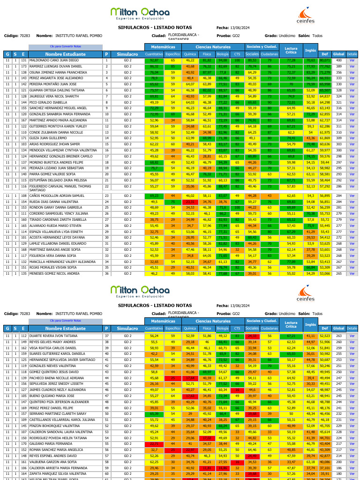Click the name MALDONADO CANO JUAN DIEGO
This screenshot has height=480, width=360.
(54, 60)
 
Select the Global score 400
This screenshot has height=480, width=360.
(338, 60)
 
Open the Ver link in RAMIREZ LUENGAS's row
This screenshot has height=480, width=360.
(352, 67)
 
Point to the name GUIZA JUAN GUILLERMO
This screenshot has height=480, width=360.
(48, 138)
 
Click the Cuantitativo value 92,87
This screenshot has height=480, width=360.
(154, 60)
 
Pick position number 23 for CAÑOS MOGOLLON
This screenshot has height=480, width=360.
(107, 195)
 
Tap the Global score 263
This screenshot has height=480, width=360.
(338, 336)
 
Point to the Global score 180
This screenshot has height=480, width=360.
(338, 473)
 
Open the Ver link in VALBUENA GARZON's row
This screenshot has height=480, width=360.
(352, 461)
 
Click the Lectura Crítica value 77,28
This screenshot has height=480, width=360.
(291, 60)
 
